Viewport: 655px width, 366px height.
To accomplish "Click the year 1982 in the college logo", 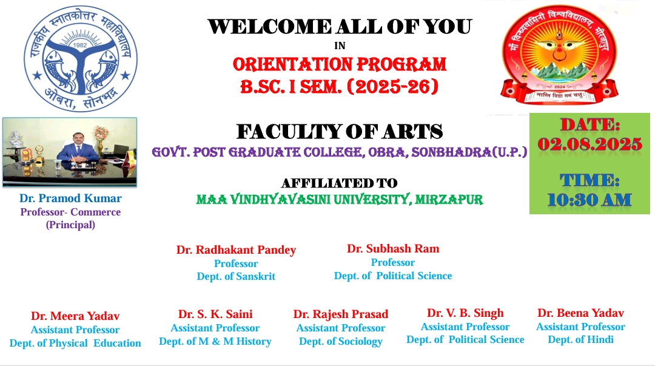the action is point(80,45).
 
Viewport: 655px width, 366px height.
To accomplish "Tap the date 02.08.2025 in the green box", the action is point(589,144).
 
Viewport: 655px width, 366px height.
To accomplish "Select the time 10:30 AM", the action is point(589,200).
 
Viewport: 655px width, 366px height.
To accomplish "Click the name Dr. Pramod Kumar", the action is point(70,198).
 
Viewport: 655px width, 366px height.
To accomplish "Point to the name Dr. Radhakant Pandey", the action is point(236,250).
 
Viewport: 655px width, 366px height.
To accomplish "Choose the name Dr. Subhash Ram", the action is point(393,248).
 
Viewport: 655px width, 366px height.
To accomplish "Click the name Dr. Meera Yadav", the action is point(75,316).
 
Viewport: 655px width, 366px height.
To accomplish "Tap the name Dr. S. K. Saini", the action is point(215,314).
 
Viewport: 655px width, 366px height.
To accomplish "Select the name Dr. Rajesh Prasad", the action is point(340,314).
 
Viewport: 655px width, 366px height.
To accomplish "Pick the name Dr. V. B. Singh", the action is point(465,313).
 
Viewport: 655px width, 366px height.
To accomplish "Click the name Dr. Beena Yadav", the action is point(580,313).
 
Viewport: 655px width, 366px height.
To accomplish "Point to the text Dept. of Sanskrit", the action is point(236,277).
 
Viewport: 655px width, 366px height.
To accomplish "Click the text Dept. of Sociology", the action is point(340,342).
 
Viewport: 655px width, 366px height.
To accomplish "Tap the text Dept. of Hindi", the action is point(580,340).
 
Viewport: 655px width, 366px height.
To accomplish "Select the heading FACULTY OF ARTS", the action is point(340,132).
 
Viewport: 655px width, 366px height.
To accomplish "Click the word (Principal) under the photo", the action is point(70,225).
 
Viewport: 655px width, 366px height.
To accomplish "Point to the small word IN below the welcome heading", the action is point(340,46).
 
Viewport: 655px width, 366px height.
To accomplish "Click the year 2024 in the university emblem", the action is point(559,87).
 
